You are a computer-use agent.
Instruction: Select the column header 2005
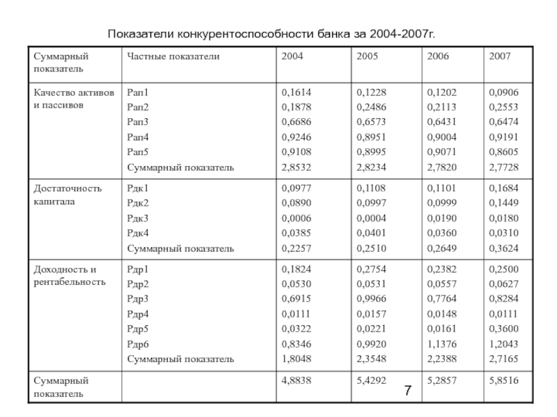click(367, 55)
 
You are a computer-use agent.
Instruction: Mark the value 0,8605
click(504, 152)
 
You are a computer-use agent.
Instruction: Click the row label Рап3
click(137, 122)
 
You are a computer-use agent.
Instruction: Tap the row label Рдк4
click(137, 233)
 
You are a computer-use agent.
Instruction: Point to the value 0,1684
click(504, 188)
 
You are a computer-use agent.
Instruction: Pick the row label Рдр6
click(137, 344)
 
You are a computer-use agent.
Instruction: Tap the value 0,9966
click(371, 298)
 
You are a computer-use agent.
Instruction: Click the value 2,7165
click(504, 359)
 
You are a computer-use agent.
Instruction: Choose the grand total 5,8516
click(504, 381)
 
